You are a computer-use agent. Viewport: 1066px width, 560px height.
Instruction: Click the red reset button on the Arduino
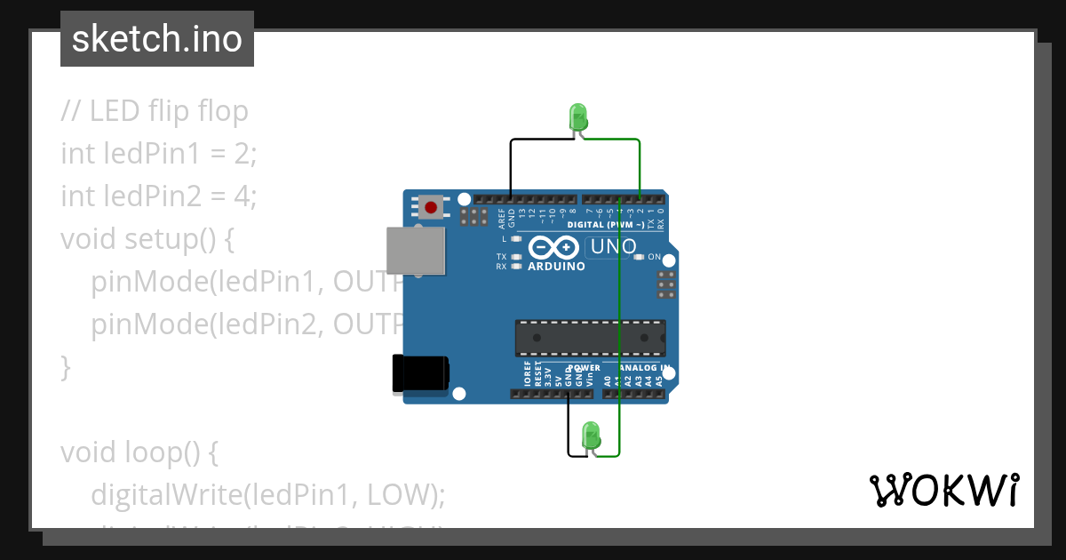[x=431, y=208]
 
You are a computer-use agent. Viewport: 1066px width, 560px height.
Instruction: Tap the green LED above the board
[x=577, y=116]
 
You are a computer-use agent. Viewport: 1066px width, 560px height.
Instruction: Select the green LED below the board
[x=591, y=436]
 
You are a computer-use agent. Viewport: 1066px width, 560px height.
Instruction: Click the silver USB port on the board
[x=416, y=251]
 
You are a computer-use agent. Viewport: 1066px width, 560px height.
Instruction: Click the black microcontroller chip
[x=590, y=338]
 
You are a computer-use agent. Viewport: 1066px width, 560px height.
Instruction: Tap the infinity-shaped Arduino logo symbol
[x=555, y=248]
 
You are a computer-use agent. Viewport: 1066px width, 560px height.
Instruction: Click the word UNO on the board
[x=614, y=246]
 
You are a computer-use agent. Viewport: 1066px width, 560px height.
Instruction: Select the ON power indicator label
[x=655, y=257]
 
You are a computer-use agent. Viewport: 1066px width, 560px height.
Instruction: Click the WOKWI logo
[x=943, y=490]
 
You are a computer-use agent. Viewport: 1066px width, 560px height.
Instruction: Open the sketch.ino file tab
[x=157, y=39]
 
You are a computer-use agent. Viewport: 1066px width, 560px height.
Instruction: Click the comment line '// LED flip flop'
[x=155, y=111]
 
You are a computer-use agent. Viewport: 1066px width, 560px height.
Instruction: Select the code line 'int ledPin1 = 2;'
[x=158, y=154]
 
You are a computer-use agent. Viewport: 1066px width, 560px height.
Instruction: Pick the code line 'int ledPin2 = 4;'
[x=158, y=196]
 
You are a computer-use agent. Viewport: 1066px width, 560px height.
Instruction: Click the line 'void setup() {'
[x=147, y=239]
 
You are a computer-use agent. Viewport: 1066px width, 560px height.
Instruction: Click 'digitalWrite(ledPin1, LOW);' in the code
[x=267, y=494]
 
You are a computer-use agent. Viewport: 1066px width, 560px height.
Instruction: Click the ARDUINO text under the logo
[x=556, y=266]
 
